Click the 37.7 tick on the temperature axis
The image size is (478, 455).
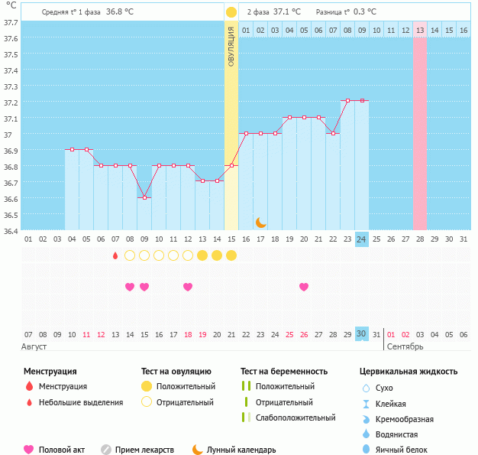(11, 22)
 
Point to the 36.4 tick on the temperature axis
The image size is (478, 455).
(11, 231)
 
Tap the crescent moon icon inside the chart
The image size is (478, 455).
(261, 222)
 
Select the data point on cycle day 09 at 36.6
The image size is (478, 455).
(144, 197)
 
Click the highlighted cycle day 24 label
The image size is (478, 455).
(362, 239)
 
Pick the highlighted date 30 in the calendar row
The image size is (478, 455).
(362, 334)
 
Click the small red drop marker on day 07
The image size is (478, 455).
(115, 255)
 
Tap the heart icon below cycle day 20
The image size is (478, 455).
(304, 287)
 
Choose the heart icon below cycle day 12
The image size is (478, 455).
(188, 287)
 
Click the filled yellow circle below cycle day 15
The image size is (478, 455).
(231, 255)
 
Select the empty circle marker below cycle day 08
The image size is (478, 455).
(130, 255)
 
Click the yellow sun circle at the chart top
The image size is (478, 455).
(231, 12)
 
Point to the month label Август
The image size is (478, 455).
(35, 346)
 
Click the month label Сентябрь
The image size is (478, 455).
(404, 346)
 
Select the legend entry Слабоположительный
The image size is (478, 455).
(296, 418)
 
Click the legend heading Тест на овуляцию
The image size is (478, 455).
(177, 372)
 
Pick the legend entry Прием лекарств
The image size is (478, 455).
(144, 450)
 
